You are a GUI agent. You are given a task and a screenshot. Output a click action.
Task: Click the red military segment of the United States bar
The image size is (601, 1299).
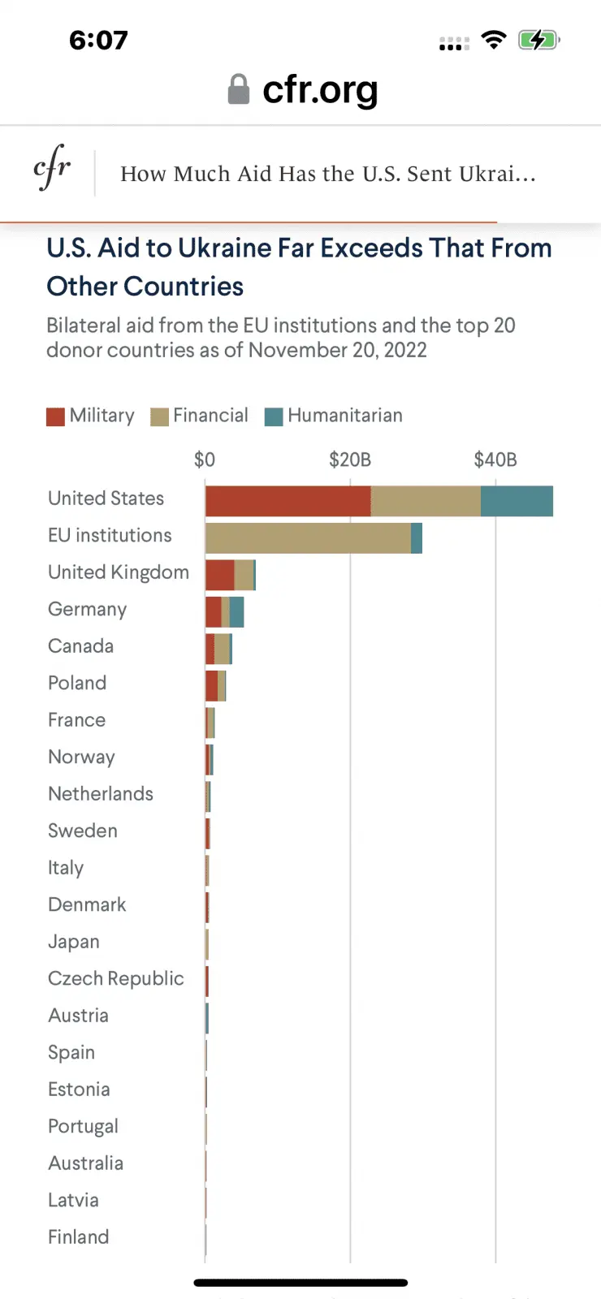(x=288, y=501)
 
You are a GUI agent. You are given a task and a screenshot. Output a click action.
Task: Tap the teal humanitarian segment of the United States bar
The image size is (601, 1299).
(x=517, y=501)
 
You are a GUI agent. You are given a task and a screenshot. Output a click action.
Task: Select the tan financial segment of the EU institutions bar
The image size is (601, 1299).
(x=308, y=538)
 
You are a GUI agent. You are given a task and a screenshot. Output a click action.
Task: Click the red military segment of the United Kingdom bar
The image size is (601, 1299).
(x=219, y=575)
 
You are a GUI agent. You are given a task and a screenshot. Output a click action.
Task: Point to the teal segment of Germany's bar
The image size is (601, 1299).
(x=236, y=612)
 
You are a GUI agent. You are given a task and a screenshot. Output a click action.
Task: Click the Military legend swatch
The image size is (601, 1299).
(x=55, y=416)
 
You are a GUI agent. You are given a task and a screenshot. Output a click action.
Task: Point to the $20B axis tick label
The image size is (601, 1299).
(x=350, y=460)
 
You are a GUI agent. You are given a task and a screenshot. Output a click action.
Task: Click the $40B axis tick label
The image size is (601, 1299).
(x=495, y=460)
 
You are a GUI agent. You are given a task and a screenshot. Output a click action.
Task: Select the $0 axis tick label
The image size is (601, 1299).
(x=205, y=460)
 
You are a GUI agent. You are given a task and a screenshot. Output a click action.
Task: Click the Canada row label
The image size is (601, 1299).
(x=80, y=646)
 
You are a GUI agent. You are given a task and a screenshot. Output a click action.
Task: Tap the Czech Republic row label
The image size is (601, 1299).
(x=116, y=978)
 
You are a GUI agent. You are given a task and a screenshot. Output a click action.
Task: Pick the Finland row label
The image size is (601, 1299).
(x=78, y=1236)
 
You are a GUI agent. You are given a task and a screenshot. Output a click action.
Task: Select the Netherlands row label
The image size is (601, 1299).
(x=101, y=794)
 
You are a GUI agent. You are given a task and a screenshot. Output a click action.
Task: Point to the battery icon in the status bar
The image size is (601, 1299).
(x=538, y=40)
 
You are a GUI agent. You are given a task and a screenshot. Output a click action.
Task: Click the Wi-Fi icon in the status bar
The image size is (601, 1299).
(x=493, y=40)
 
